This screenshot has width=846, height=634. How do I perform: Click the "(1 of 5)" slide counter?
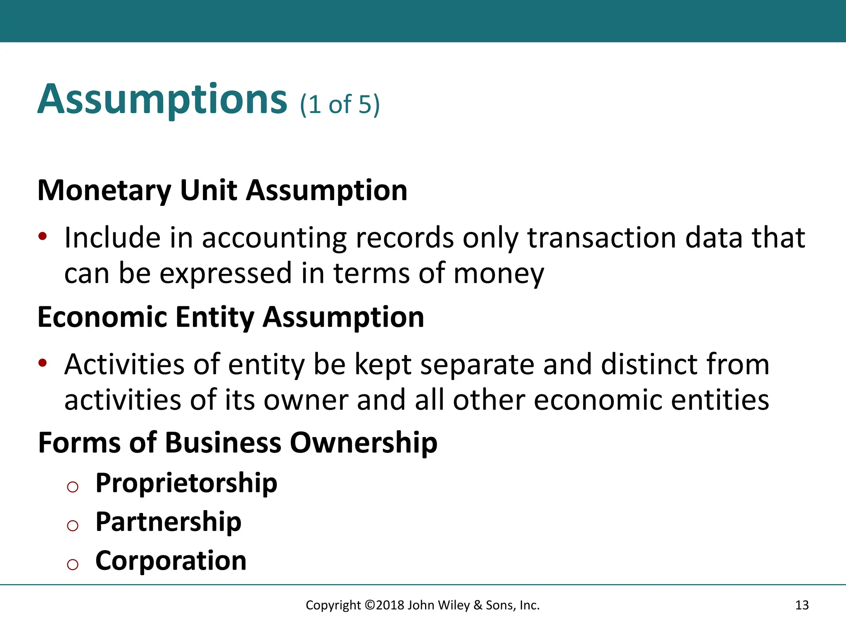(340, 104)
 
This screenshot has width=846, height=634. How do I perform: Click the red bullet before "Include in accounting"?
(43, 237)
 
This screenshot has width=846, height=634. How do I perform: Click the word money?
(499, 274)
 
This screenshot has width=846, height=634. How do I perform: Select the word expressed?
(226, 274)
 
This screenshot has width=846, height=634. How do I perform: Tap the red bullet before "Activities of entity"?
(43, 363)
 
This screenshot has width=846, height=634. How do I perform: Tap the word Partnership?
(168, 522)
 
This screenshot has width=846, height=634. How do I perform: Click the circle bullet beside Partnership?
(73, 525)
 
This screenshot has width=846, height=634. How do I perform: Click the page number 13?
(802, 605)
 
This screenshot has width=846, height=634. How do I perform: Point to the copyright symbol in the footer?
(370, 605)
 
